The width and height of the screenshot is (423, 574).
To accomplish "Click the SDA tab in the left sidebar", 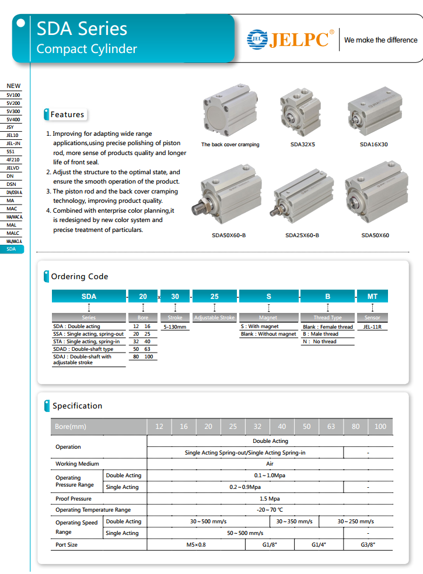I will click(x=12, y=249).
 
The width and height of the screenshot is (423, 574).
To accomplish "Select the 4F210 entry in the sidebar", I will click(x=12, y=159).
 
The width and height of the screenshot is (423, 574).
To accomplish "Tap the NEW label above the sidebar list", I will click(x=13, y=86).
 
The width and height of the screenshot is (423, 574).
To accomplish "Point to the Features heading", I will click(x=67, y=115).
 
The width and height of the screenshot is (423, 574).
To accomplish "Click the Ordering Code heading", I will click(x=79, y=276).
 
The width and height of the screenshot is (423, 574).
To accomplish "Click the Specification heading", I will click(x=77, y=406).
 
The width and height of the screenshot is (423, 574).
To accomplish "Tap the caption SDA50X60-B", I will click(x=229, y=235).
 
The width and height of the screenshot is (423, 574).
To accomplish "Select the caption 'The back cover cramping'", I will click(x=230, y=145).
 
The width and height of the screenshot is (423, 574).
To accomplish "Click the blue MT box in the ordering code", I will click(x=372, y=296).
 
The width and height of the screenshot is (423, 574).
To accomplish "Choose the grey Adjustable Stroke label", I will click(x=214, y=318).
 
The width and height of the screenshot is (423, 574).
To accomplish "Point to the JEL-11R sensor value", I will click(x=372, y=327).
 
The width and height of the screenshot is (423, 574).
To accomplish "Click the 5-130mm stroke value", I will click(x=175, y=327).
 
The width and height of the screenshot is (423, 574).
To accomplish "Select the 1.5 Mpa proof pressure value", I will click(x=270, y=498).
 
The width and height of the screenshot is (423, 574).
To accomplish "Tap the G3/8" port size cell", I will click(x=368, y=544).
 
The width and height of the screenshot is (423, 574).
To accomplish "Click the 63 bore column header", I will click(x=331, y=426).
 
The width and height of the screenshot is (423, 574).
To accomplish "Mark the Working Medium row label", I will click(x=77, y=464).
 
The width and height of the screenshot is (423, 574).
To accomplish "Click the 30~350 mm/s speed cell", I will click(x=294, y=521).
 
